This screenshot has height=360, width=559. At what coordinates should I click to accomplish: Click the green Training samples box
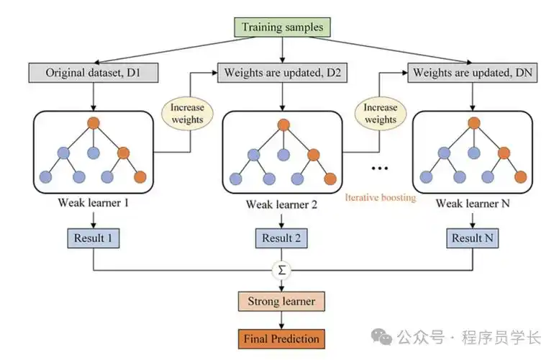[x=282, y=28]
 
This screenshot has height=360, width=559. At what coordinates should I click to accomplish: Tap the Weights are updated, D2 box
[x=282, y=73]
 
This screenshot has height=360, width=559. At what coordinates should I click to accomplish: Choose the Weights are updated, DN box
[x=472, y=73]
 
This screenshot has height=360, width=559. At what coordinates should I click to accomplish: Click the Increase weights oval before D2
[x=188, y=113]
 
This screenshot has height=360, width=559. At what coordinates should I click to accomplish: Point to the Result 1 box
[x=93, y=238]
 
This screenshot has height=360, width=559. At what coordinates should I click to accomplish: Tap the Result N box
[x=472, y=238]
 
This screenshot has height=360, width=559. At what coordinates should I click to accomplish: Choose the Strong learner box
[x=282, y=301]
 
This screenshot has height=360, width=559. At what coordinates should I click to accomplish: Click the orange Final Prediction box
[x=281, y=337]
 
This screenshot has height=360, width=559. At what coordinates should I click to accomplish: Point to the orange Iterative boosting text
[x=381, y=197]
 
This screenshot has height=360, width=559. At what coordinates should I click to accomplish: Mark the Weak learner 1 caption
[x=93, y=203]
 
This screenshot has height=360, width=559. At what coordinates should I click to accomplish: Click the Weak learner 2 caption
[x=282, y=204]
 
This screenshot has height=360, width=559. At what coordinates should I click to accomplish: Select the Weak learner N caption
[x=472, y=203]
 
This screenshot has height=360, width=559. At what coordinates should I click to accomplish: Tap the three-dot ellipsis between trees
[x=379, y=168]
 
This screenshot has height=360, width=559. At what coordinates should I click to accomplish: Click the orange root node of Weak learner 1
[x=93, y=123]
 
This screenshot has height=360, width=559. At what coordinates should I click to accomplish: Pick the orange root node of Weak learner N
[x=473, y=123]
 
